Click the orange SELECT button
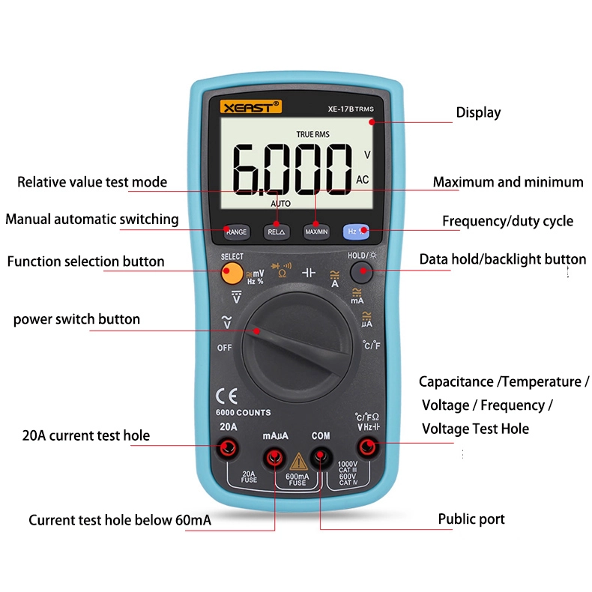click(x=232, y=273)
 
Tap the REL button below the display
click(x=277, y=232)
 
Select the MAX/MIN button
click(x=316, y=232)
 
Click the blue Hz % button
click(x=356, y=232)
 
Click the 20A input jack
click(x=228, y=448)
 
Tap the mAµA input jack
click(x=274, y=458)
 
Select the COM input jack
click(x=321, y=457)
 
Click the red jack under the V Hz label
click(x=368, y=447)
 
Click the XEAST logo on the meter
click(x=251, y=107)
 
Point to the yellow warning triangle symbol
click(x=298, y=462)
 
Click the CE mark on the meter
click(x=226, y=396)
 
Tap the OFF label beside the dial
click(x=224, y=348)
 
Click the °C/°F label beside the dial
click(x=372, y=345)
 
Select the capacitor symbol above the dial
click(x=309, y=273)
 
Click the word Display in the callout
click(x=478, y=113)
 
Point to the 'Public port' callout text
click(x=471, y=519)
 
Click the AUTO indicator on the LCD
click(x=280, y=204)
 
